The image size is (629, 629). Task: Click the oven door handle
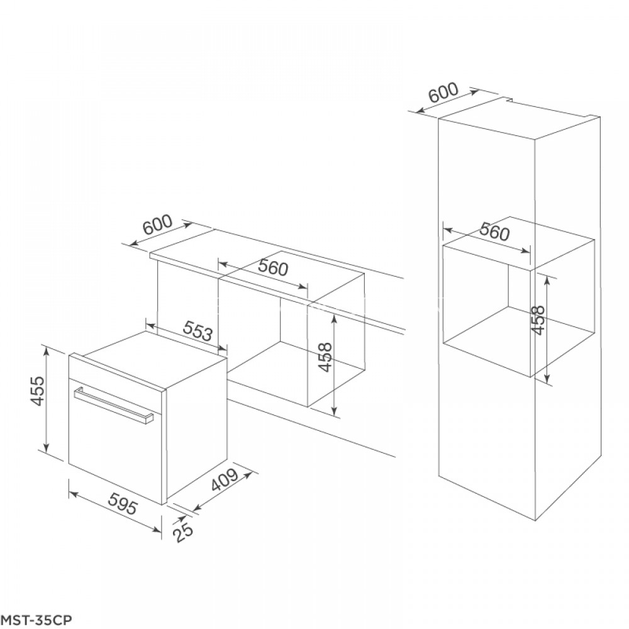coord(113,406)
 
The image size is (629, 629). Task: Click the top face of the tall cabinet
coord(516,122)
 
